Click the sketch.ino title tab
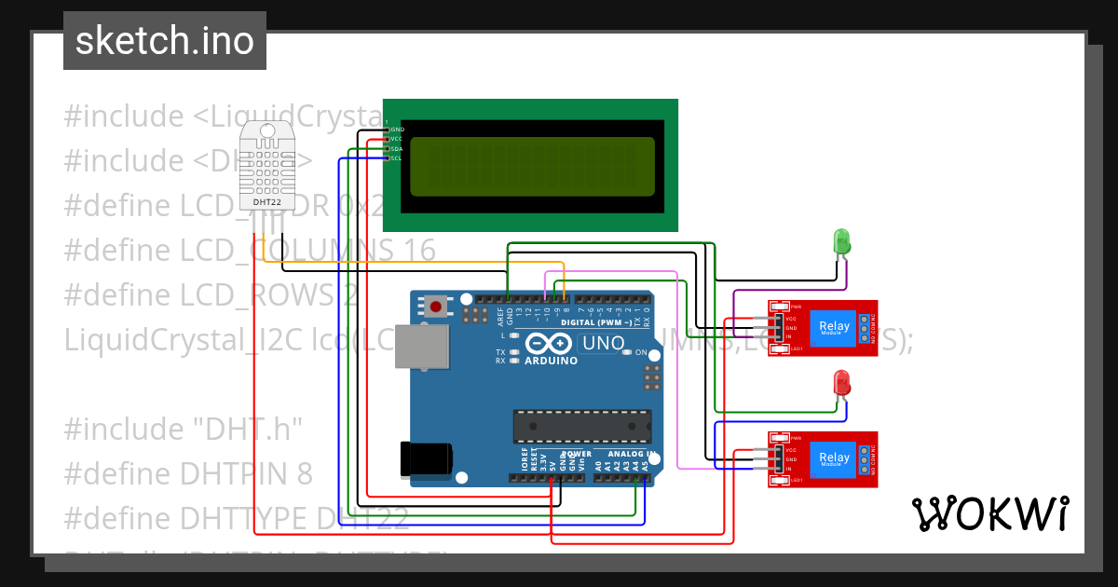(164, 41)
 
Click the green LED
(841, 242)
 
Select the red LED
(841, 381)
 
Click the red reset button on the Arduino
(435, 306)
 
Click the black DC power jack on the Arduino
(426, 458)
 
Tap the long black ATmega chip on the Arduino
(581, 425)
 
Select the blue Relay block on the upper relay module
(833, 327)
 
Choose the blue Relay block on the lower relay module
(833, 457)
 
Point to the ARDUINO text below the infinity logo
(551, 361)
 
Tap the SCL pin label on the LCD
(396, 158)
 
